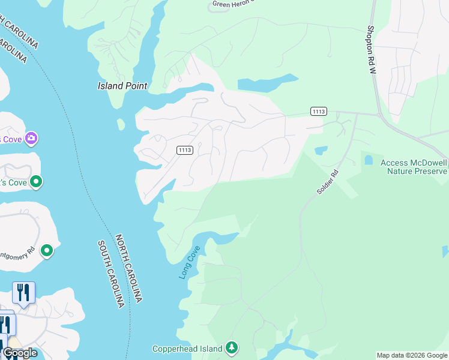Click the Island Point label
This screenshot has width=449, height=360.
pos(122,86)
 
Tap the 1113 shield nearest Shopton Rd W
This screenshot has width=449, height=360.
pos(319,111)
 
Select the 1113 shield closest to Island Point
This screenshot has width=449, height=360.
pos(185,150)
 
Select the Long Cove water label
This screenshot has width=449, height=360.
pos(190,262)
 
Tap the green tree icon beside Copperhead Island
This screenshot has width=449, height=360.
pos(232,348)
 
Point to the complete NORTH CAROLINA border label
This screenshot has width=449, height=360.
pos(130,268)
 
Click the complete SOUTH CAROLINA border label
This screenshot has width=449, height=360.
pos(113,274)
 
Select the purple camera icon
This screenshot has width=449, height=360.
pos(31,139)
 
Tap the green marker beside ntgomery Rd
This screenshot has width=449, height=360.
pos(47,252)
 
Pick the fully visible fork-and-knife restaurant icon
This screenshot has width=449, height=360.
pos(23,293)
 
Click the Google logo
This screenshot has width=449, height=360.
pos(20,353)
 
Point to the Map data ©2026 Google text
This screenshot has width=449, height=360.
pos(412,355)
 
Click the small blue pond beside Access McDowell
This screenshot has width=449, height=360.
pos(368,160)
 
